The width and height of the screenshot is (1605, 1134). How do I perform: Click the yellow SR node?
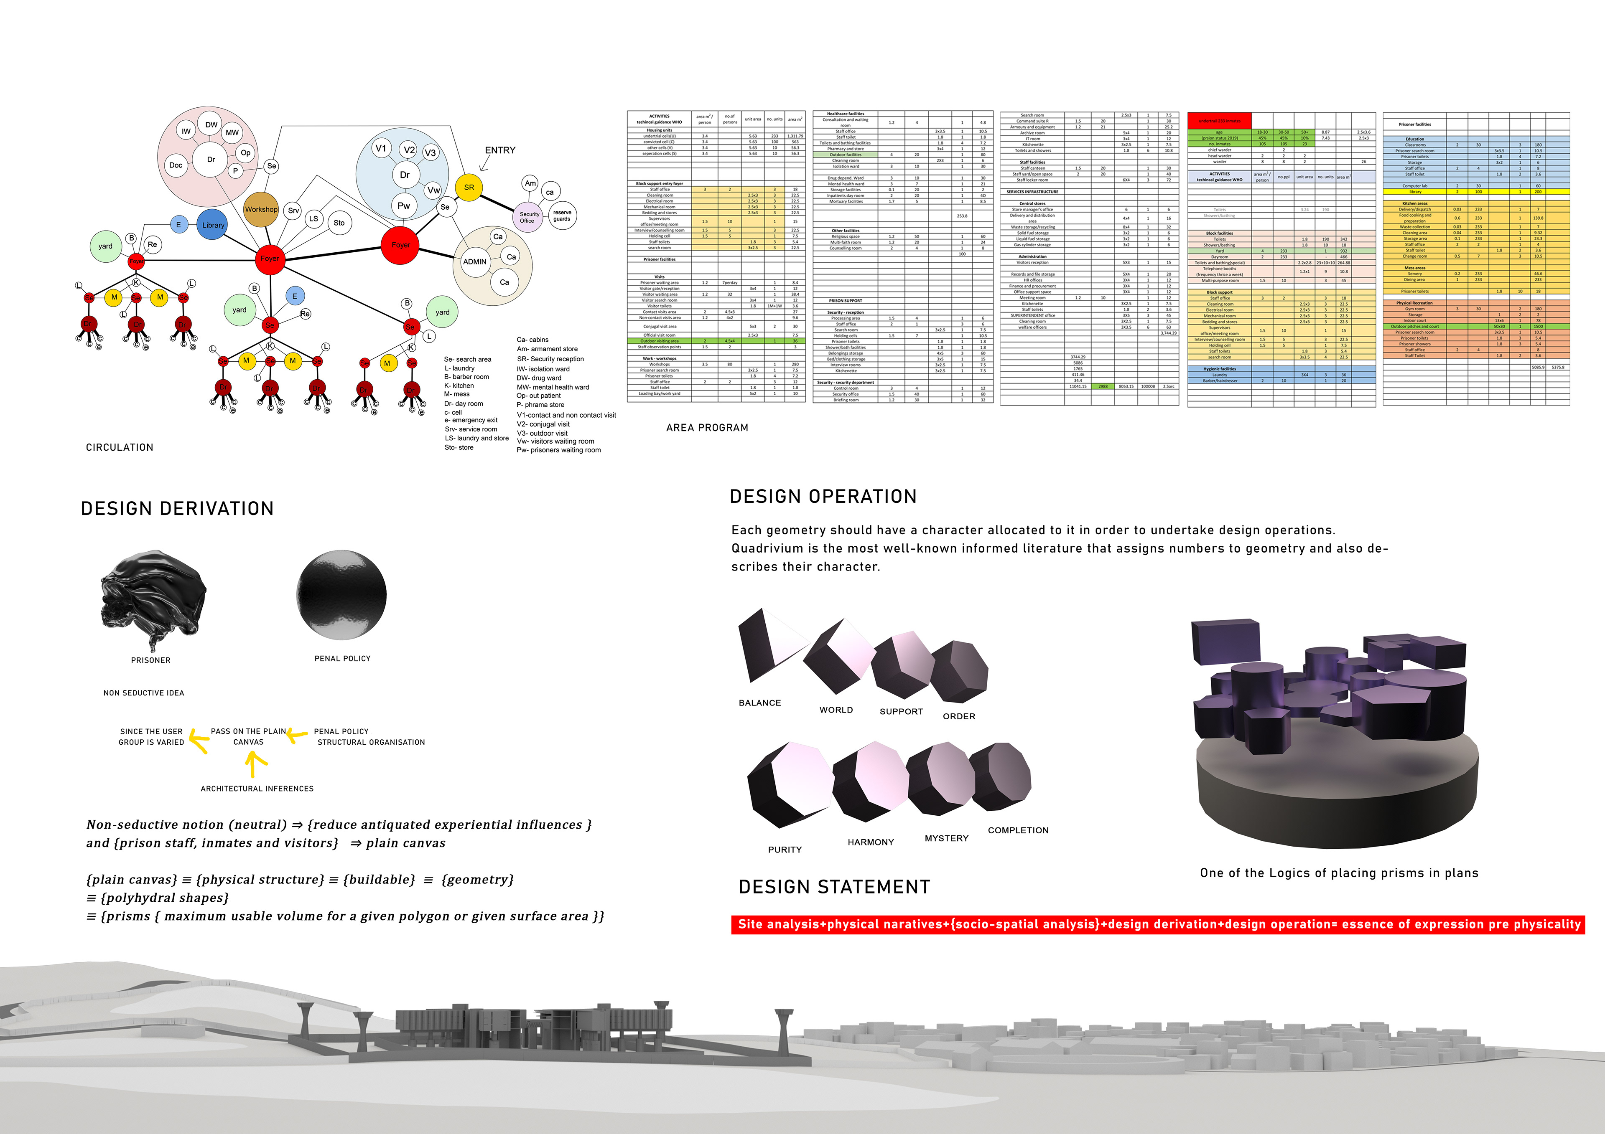point(469,187)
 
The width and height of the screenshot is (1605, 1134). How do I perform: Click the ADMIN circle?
point(475,262)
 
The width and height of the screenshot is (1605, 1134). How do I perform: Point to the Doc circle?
point(176,165)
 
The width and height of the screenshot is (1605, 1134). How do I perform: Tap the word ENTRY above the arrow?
point(500,150)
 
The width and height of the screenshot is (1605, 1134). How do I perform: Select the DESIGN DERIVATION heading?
point(177,509)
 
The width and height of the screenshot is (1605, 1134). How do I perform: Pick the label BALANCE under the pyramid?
point(760,703)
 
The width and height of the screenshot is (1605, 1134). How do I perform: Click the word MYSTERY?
point(947,838)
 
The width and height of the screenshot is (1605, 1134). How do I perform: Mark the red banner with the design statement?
point(1158,924)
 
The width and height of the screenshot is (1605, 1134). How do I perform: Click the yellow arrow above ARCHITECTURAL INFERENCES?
point(256,766)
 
